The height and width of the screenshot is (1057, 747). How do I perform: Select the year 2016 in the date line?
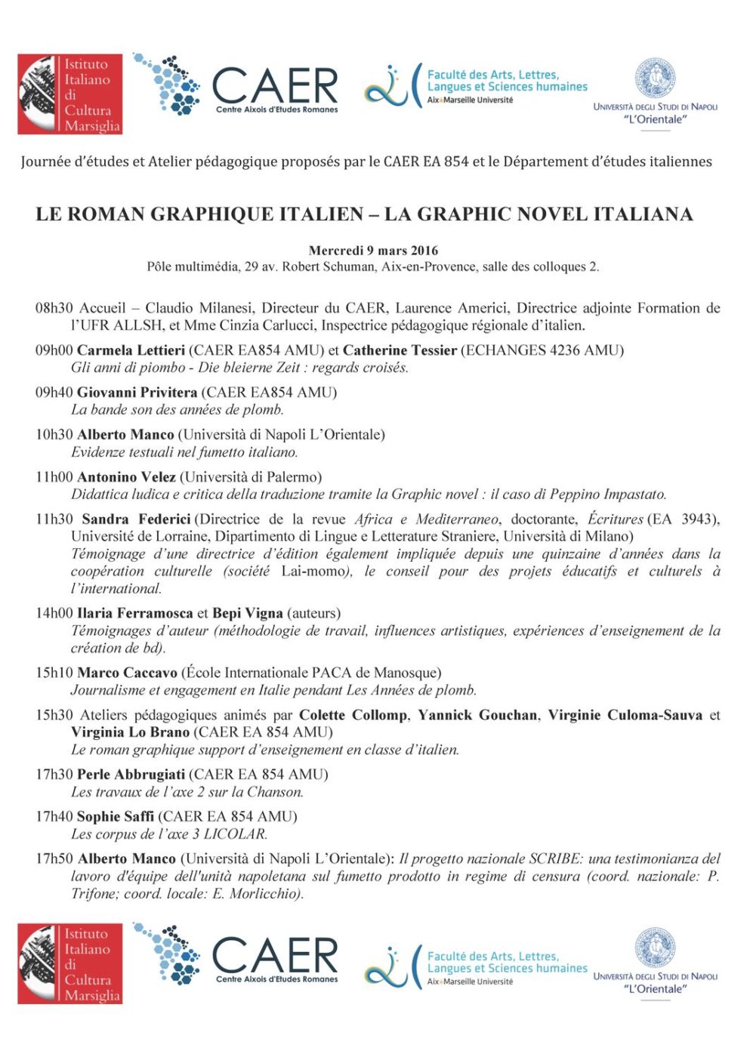pyautogui.click(x=424, y=251)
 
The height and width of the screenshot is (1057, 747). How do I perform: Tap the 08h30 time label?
pyautogui.click(x=54, y=308)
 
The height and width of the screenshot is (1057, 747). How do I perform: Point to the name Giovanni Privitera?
pyautogui.click(x=137, y=393)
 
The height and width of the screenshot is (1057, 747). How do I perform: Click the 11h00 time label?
pyautogui.click(x=54, y=477)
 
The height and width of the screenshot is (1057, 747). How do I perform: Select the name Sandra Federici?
pyautogui.click(x=136, y=519)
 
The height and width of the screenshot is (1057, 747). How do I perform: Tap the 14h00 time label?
pyautogui.click(x=54, y=613)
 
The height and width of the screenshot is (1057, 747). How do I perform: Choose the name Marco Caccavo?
pyautogui.click(x=127, y=673)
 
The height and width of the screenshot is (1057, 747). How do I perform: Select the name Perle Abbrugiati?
pyautogui.click(x=131, y=775)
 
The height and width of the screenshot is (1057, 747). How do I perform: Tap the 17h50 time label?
pyautogui.click(x=54, y=859)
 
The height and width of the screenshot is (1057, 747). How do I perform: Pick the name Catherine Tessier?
pyautogui.click(x=400, y=350)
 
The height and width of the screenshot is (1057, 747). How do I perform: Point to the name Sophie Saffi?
pyautogui.click(x=115, y=817)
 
